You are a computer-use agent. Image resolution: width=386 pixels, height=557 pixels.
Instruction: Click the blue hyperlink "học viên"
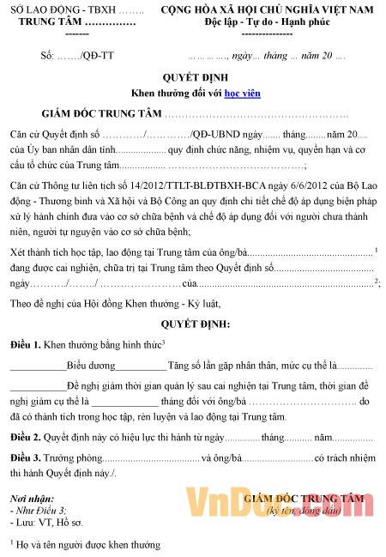pos(243,93)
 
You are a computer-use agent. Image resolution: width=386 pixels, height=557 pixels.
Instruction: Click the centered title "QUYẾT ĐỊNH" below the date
pos(194,77)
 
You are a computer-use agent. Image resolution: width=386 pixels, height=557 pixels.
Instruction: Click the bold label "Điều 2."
pos(25,438)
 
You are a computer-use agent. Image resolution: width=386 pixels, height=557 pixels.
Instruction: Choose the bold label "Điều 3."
pos(25,458)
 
